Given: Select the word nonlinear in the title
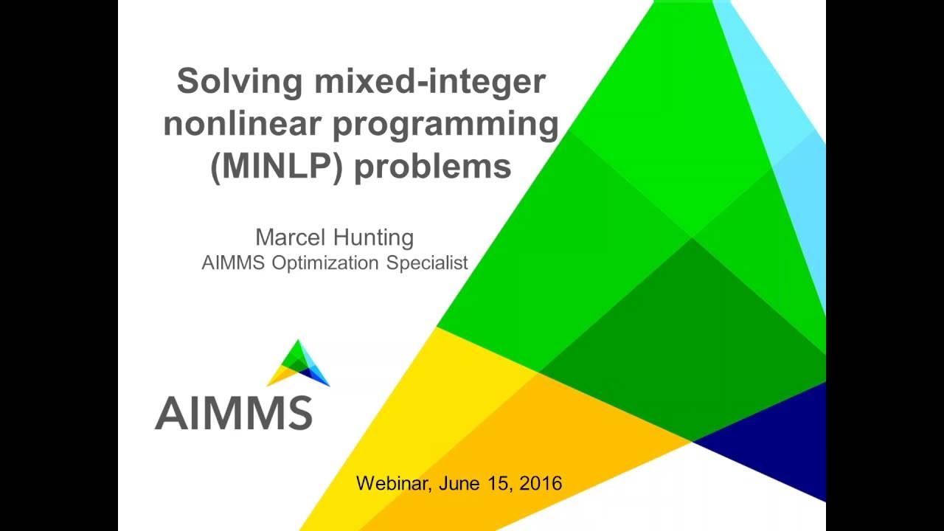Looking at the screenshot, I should (x=242, y=124).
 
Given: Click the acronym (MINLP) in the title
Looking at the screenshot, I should (x=277, y=166).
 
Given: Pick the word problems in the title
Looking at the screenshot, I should (x=433, y=166).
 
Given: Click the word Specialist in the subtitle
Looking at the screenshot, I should (x=428, y=263).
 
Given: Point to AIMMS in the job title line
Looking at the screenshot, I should (x=234, y=263).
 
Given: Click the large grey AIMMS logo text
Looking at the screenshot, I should (x=234, y=413).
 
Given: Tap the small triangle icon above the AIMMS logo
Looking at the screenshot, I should (x=298, y=363).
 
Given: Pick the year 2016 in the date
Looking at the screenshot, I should (x=541, y=484).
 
